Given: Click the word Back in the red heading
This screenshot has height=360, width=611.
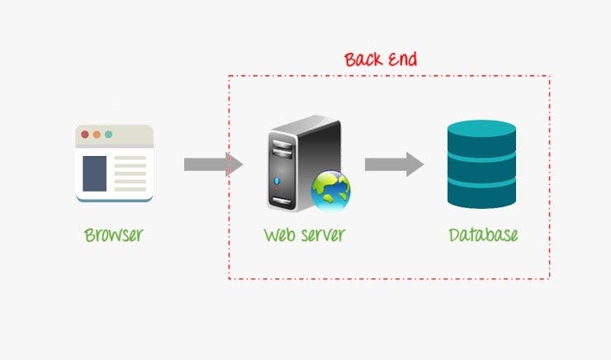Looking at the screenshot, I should coord(363,59).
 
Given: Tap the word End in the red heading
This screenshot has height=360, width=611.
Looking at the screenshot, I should coord(402,59).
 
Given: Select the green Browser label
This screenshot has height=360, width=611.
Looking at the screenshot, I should coord(114,234).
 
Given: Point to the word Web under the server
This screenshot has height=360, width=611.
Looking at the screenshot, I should coord(278,234).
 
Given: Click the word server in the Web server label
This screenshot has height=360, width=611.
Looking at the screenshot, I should coord(320,234).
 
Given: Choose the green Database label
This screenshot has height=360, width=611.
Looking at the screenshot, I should coord(483,234).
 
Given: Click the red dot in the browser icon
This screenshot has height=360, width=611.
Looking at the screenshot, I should coord(85,134).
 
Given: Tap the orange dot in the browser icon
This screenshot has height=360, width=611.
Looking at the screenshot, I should coord(97,134).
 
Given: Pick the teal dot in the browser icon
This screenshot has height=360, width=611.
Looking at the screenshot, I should coord(108,134).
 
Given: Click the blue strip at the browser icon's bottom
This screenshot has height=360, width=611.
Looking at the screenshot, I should coord(114,199).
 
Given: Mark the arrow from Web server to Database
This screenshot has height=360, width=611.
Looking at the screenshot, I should coord(394,163).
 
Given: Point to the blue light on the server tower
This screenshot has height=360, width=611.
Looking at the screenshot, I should coord(277,180).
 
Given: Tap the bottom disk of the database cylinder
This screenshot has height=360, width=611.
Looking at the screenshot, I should coord(481,195).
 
